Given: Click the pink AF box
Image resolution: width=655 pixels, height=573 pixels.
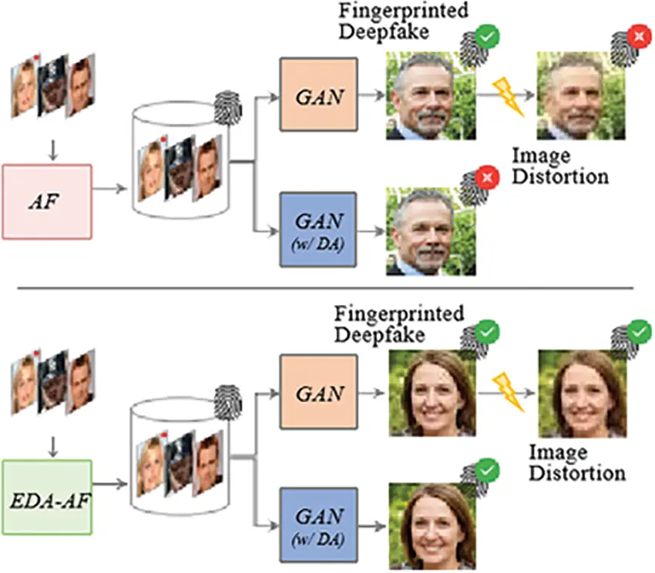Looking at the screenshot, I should pyautogui.click(x=48, y=201).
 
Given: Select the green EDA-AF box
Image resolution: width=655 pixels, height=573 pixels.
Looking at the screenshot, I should pyautogui.click(x=48, y=497).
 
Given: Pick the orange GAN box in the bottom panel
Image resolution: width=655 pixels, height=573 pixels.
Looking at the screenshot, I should pyautogui.click(x=318, y=393).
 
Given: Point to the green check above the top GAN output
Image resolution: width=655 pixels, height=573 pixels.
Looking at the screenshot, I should pyautogui.click(x=486, y=36).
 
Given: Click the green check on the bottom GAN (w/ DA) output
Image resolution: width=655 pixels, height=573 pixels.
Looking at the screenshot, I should pyautogui.click(x=486, y=470).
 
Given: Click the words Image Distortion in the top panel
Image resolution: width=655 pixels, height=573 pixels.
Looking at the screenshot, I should pyautogui.click(x=559, y=166).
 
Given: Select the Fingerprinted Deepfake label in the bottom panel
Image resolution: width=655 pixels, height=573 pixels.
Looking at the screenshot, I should pyautogui.click(x=399, y=324).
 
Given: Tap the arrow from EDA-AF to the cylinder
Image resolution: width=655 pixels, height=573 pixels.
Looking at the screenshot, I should pyautogui.click(x=110, y=484).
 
